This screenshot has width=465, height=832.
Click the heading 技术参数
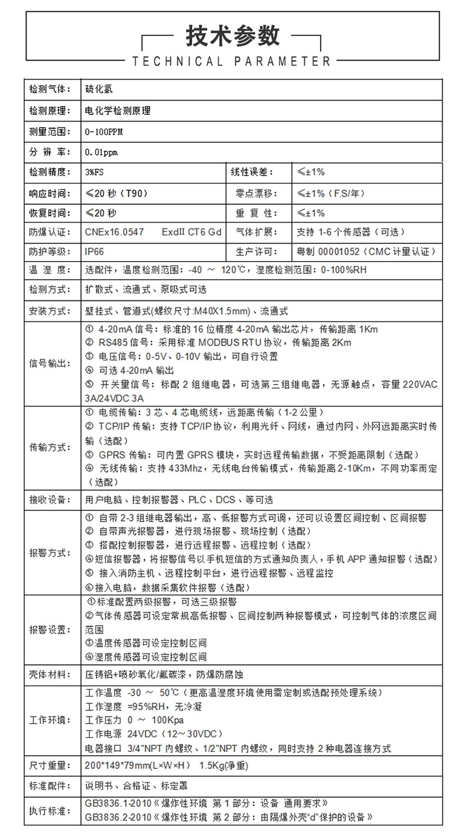[232, 36]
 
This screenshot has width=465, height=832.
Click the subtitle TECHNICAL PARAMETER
[232, 61]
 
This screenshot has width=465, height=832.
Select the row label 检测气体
[49, 90]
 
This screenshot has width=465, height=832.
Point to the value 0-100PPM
[104, 131]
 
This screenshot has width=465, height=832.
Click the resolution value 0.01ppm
[101, 152]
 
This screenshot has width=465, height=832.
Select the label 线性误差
[252, 172]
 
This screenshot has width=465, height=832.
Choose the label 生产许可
[256, 251]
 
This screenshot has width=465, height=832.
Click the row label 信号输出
[49, 364]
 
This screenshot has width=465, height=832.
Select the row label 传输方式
[49, 447]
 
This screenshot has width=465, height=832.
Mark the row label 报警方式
[49, 553]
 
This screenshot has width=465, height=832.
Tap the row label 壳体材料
[49, 674]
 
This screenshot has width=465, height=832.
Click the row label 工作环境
[49, 720]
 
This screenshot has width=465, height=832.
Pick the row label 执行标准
[49, 811]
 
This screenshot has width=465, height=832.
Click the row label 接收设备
[49, 500]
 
